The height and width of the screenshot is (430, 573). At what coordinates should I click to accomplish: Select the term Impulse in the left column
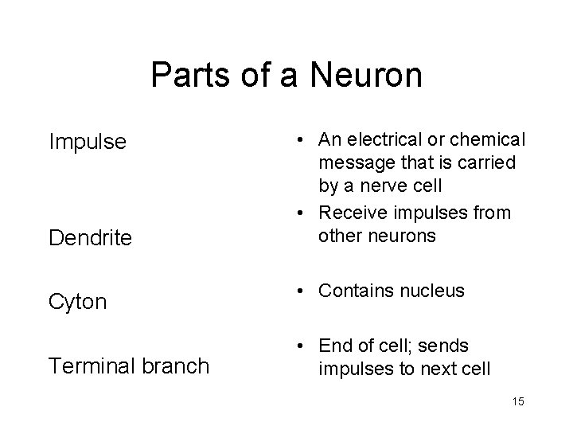(x=88, y=142)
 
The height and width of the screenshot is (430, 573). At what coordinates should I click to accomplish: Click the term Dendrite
(x=90, y=237)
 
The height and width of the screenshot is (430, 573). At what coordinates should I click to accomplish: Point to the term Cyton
(x=78, y=302)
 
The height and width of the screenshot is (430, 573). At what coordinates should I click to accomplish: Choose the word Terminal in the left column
(x=90, y=365)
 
